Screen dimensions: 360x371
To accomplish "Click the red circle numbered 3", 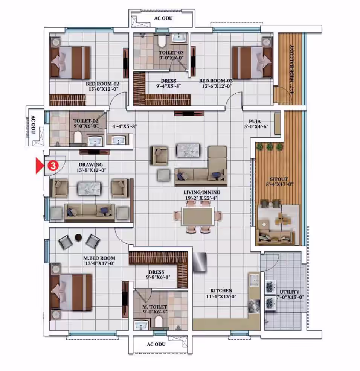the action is [53, 166].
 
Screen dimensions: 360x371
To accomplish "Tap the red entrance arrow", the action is [40, 166].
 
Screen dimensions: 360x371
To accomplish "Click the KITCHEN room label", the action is [221, 290].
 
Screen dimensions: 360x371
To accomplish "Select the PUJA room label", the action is [255, 122].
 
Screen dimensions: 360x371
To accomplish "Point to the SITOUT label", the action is [279, 179].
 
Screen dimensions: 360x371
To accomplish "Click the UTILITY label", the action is [290, 292].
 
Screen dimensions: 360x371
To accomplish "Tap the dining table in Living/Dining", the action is [198, 216].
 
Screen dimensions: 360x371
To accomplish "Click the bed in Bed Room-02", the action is [70, 62].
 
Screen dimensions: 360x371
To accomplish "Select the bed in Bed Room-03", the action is [252, 62].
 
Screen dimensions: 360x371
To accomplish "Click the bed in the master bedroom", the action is [71, 292].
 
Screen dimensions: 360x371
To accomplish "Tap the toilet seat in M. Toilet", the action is [159, 321].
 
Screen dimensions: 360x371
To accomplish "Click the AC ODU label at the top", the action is [163, 18].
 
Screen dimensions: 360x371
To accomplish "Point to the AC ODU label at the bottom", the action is [156, 344].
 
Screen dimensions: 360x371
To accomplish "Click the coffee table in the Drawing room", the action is [89, 188].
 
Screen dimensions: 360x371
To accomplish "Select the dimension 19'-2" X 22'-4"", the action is [201, 198].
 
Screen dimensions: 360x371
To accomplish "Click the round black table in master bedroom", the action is [78, 237].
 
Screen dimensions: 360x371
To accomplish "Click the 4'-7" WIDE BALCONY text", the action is [292, 70].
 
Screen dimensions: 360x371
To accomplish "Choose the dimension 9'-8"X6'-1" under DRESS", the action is [158, 277].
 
